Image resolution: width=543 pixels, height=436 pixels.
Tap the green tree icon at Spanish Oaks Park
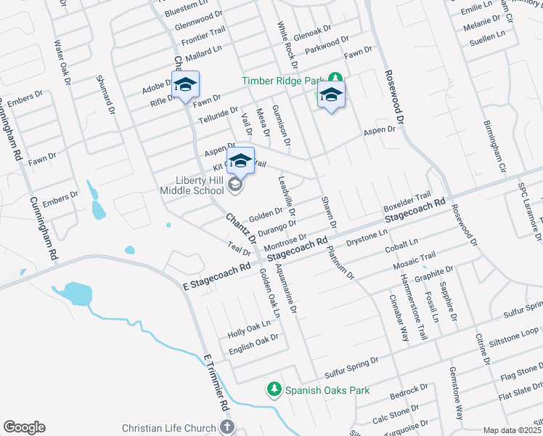tap(274, 390)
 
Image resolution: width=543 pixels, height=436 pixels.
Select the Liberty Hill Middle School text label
tap(191, 185)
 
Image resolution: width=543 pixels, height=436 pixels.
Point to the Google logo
tap(24, 427)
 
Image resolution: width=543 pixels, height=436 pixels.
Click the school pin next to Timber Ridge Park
tap(331, 95)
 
